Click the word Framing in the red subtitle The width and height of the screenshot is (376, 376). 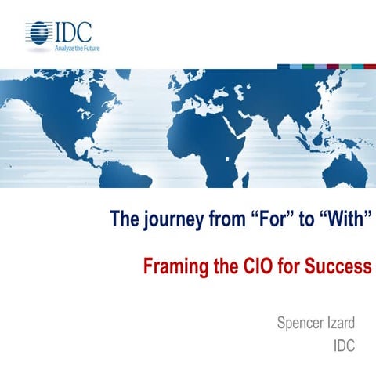point(172,266)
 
